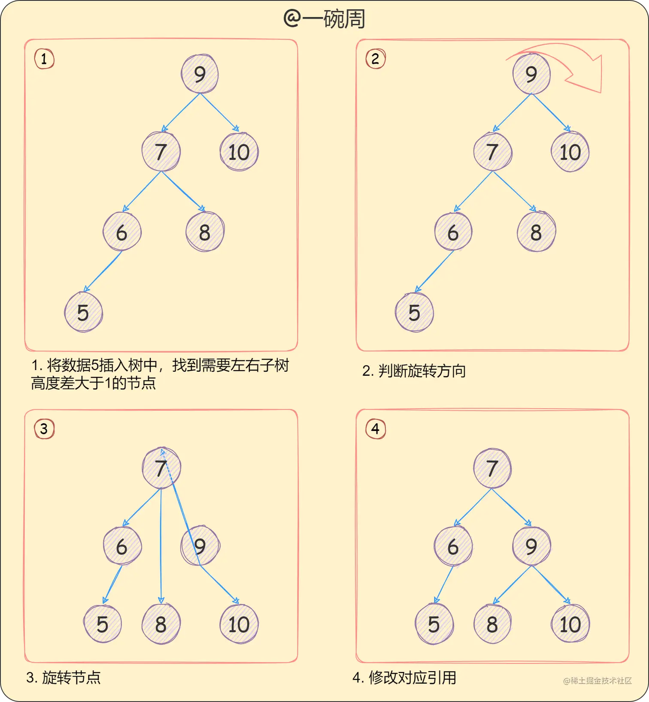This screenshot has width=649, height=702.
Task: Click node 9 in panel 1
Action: pyautogui.click(x=200, y=74)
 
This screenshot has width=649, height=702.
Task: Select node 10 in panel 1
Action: pyautogui.click(x=239, y=152)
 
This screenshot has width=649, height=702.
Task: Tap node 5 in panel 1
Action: pyautogui.click(x=83, y=312)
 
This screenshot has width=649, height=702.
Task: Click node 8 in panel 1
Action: pyautogui.click(x=205, y=232)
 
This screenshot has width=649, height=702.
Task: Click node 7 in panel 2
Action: pyautogui.click(x=492, y=152)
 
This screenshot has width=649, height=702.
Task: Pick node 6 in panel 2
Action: pyautogui.click(x=453, y=232)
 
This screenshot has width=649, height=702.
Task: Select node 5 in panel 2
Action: pyautogui.click(x=414, y=312)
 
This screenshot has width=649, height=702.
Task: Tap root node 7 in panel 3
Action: pyautogui.click(x=161, y=468)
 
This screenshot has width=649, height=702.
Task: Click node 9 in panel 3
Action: pyautogui.click(x=200, y=546)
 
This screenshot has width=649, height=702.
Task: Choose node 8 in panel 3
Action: pyautogui.click(x=161, y=624)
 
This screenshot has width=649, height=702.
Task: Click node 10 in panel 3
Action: pyautogui.click(x=239, y=624)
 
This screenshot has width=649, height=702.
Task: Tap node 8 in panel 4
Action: pyautogui.click(x=492, y=624)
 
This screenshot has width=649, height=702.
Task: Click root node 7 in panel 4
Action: pyautogui.click(x=492, y=468)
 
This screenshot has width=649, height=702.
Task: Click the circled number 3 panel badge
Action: pyautogui.click(x=44, y=429)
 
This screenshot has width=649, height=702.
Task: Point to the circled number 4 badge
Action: pyautogui.click(x=376, y=429)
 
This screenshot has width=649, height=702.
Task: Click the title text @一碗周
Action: pyautogui.click(x=324, y=19)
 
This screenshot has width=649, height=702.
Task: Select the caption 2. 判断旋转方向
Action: pyautogui.click(x=414, y=371)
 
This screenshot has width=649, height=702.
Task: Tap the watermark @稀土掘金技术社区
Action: pyautogui.click(x=597, y=681)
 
